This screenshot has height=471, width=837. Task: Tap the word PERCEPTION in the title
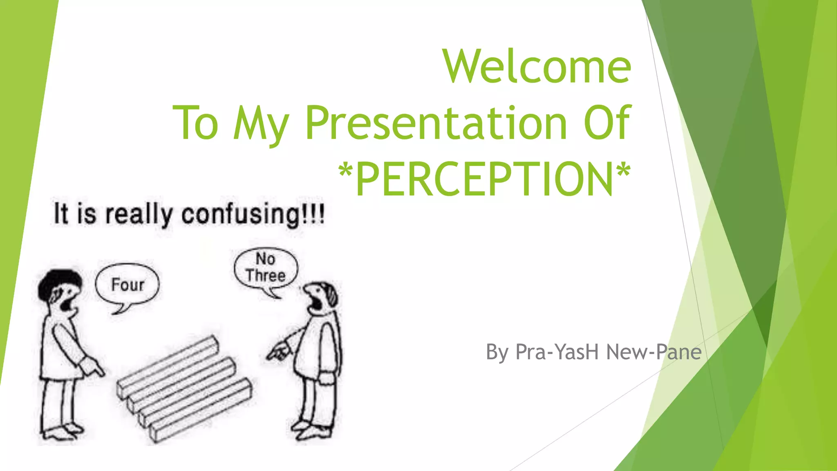coord(484,179)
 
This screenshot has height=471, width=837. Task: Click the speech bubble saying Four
coord(128,285)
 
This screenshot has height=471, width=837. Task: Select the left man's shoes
coord(61,431)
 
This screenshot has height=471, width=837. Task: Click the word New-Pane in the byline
coord(654,352)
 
